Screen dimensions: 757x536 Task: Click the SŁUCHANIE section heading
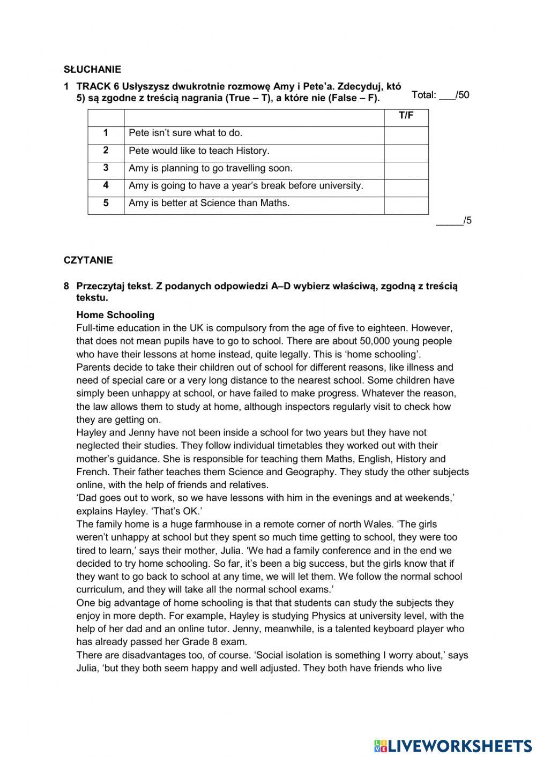coord(92,69)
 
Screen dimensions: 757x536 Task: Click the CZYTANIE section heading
coord(88,260)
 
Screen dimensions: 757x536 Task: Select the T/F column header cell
coord(406,116)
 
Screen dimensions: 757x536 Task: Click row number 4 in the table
coord(106,185)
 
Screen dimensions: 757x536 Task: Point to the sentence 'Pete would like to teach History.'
coord(199,151)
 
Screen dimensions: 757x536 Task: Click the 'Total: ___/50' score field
coord(440,95)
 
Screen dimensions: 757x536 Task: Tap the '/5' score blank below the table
coord(453,221)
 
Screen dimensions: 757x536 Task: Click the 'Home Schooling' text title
coord(115,315)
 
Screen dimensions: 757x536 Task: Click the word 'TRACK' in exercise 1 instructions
coord(94,86)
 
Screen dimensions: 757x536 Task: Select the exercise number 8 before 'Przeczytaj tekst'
coord(66,286)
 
